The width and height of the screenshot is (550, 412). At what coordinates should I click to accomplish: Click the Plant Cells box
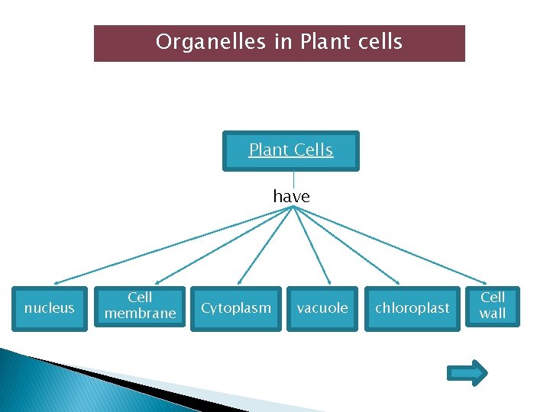[x=290, y=150]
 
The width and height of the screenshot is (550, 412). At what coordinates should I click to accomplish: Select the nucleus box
[x=50, y=308]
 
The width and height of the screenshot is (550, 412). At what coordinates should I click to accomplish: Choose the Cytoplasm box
[x=236, y=308]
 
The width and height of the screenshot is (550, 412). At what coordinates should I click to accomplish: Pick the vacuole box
[x=322, y=308]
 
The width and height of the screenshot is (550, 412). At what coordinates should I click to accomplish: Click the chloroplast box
[x=412, y=308]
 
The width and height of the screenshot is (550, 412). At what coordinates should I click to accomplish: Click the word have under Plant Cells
[x=291, y=197]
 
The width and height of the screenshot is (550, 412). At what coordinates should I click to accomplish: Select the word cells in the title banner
[x=380, y=42]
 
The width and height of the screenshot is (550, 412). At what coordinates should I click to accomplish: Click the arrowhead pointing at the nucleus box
[x=58, y=282]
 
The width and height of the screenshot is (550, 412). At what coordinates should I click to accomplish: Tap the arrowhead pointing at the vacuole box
[x=329, y=282]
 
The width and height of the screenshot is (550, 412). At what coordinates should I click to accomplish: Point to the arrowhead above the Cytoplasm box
[x=239, y=282]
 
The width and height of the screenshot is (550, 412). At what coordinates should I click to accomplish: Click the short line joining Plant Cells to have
[x=294, y=179]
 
